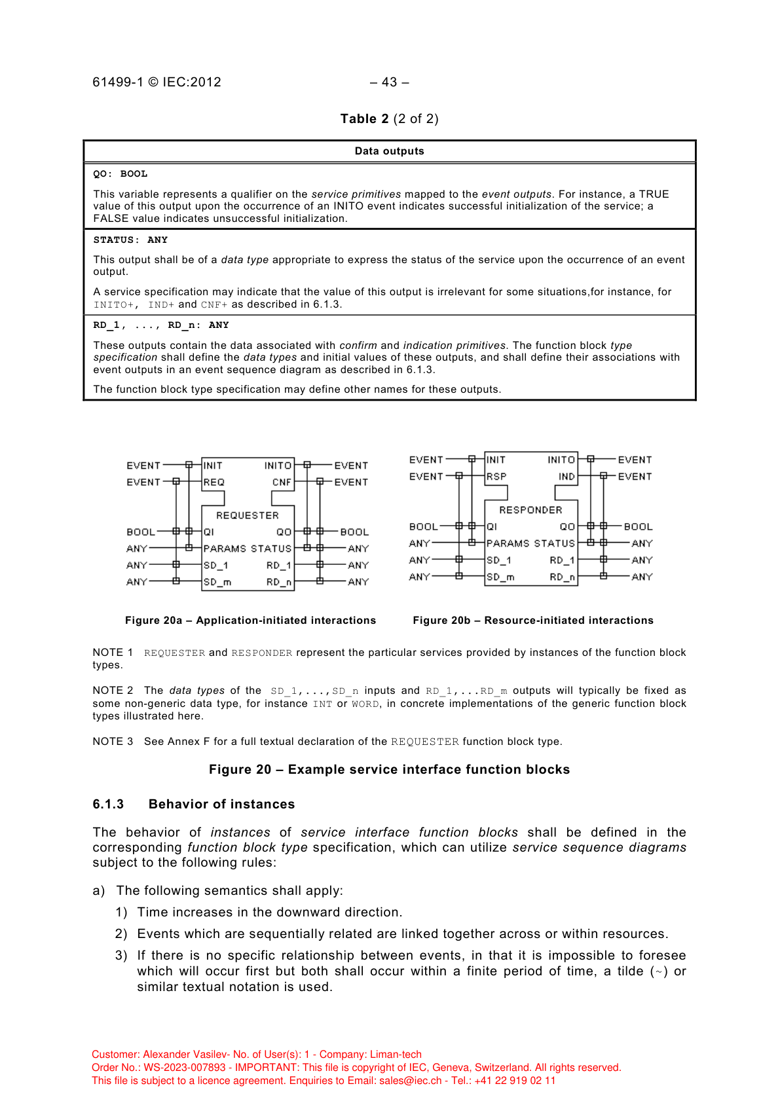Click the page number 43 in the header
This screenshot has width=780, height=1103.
(390, 82)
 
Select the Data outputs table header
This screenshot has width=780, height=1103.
(389, 151)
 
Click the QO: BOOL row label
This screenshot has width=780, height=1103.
(120, 174)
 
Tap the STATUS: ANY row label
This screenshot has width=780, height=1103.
(130, 240)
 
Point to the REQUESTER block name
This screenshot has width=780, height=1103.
(248, 516)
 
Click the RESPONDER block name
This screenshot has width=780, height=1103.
(530, 510)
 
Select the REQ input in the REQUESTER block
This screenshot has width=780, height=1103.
(214, 482)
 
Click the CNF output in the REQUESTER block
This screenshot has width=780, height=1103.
(282, 482)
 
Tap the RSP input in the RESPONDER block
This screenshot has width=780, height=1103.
(496, 477)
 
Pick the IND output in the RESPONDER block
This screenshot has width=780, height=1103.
(566, 477)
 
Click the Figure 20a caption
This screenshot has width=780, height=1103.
(250, 621)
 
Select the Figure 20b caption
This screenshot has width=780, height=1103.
(533, 621)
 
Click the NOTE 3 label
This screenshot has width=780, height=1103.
(113, 742)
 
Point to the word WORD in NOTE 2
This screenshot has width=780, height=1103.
(365, 704)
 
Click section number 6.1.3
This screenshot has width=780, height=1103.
(108, 805)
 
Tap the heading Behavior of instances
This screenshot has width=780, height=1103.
(221, 805)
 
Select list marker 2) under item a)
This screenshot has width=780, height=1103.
(121, 934)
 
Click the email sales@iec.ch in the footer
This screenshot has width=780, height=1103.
(411, 1081)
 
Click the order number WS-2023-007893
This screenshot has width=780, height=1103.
(185, 1068)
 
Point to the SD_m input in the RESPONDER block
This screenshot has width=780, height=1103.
(500, 577)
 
